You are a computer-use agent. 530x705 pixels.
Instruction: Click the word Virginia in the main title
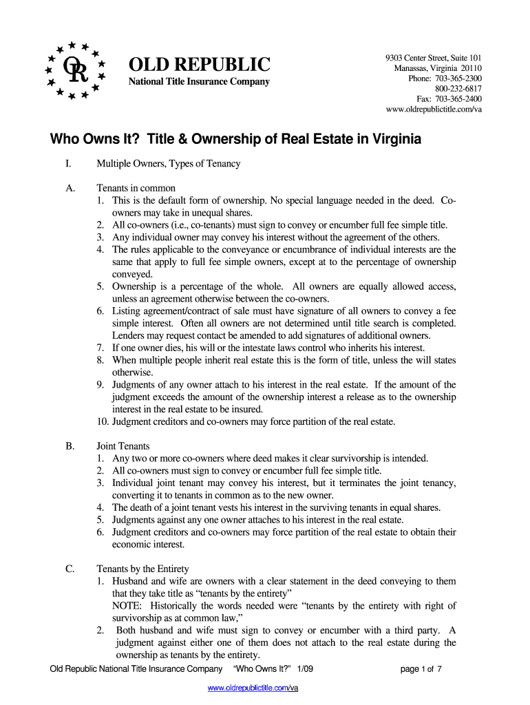(387, 139)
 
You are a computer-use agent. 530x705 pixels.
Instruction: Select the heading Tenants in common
(136, 188)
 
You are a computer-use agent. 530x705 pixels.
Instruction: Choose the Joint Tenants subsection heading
(123, 446)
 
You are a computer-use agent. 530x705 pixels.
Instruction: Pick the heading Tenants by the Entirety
(142, 569)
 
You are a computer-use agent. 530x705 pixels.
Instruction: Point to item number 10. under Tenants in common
(103, 421)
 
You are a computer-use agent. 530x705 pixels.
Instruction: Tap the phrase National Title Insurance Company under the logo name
(200, 83)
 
